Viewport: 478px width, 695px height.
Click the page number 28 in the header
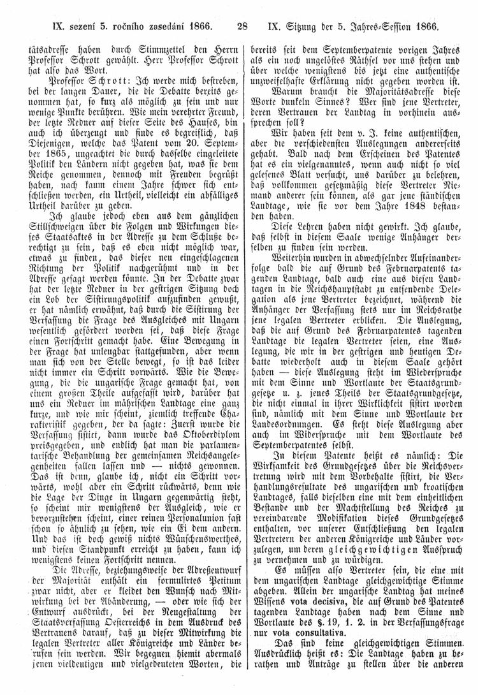pyautogui.click(x=242, y=27)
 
